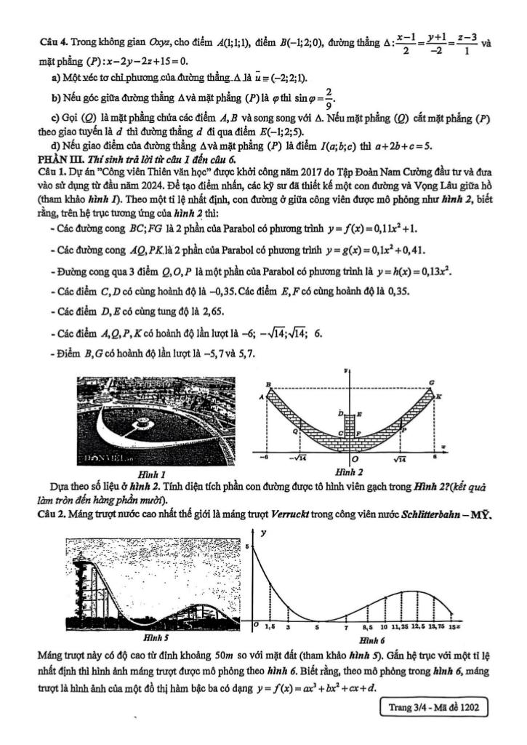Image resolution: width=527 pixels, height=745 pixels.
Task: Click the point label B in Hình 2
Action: click(268, 383)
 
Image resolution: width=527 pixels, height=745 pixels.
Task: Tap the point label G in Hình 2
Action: click(432, 382)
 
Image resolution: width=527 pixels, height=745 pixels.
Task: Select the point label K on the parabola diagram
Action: click(438, 397)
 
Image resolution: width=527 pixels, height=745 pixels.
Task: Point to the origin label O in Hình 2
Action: click(354, 460)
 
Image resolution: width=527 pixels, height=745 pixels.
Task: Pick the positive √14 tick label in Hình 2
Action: click(401, 459)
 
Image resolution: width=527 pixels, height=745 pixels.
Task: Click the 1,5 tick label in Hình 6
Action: click(269, 626)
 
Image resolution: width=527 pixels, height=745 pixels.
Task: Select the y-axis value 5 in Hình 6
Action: click(248, 546)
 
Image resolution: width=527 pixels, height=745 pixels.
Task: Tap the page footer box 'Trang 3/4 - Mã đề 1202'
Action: click(433, 706)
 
